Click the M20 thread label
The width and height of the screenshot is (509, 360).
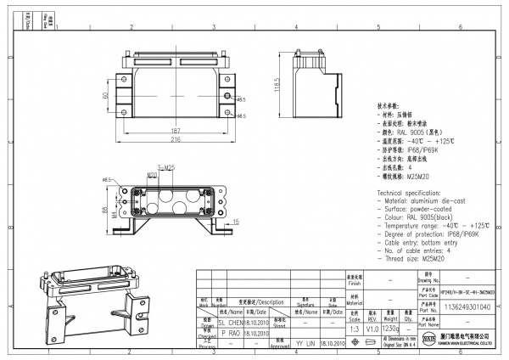point(152,176)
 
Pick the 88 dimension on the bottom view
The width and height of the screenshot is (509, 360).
point(105,209)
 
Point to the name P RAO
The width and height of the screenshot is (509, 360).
point(232,335)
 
